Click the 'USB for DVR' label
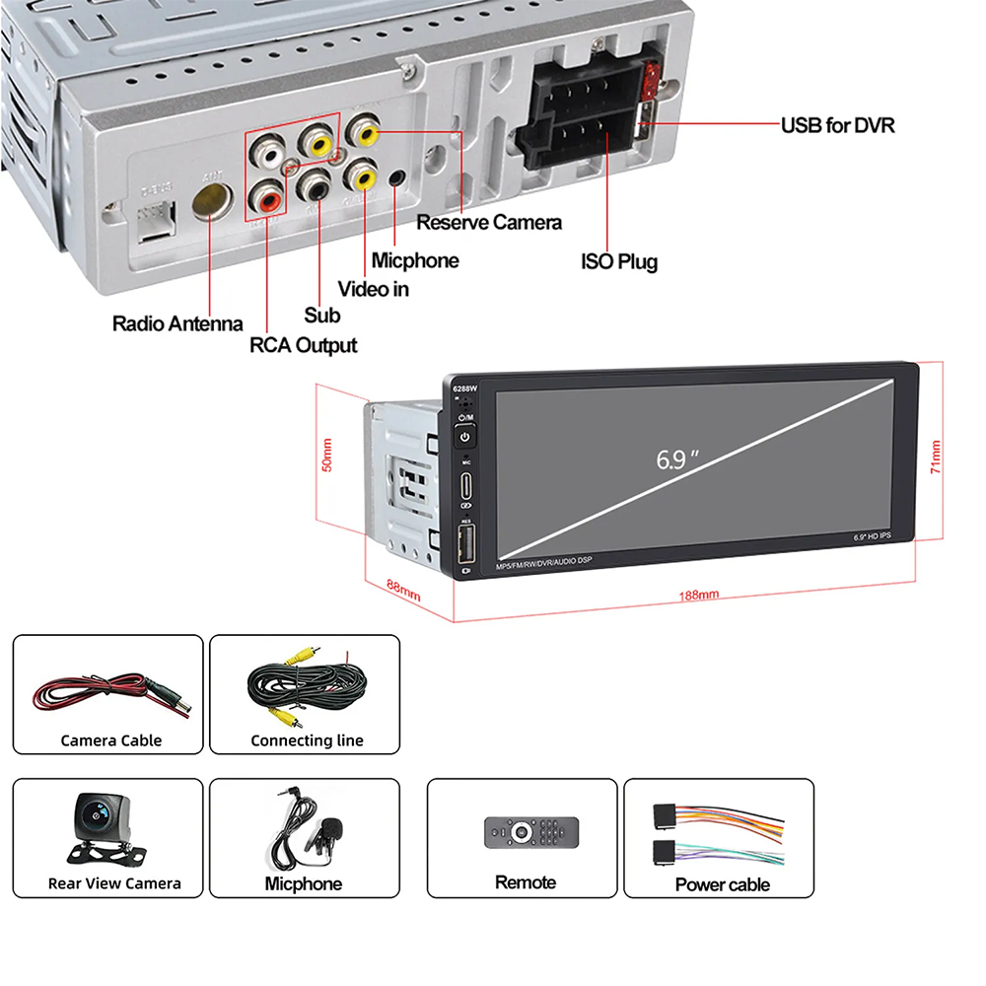837,125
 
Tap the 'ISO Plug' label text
618,261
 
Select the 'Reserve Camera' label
489,222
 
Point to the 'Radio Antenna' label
177,322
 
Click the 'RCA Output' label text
304,345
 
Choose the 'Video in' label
373,289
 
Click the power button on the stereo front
465,435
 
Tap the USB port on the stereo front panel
466,541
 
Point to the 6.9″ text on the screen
676,459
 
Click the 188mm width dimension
698,595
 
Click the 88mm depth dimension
401,590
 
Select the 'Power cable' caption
722,884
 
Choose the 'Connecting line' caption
307,740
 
